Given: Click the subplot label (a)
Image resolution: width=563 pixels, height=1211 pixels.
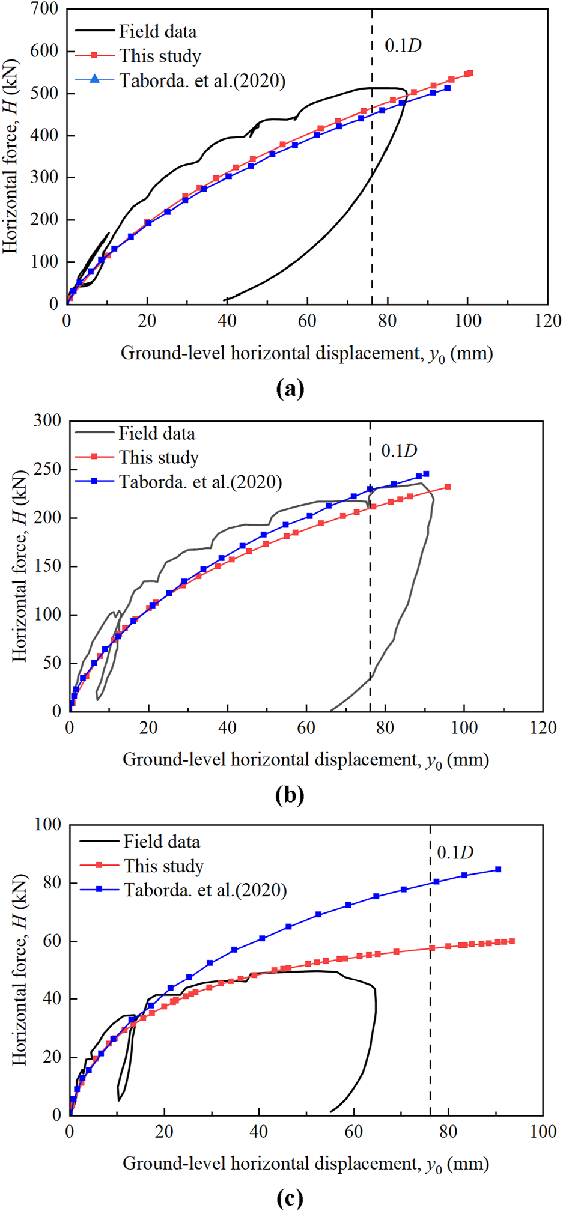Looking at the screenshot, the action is pos(290,389).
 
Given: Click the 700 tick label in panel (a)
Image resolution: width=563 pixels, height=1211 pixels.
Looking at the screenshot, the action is pos(46,10).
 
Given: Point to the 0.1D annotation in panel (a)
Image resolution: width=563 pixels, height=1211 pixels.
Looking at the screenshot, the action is pos(403,45).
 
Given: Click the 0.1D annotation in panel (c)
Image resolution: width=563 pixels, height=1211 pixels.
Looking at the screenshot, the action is pos(455,852).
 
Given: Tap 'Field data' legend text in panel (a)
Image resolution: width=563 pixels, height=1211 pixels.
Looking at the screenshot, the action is pos(157,31).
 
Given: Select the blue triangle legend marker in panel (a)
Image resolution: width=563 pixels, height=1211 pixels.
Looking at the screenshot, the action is pos(94,79).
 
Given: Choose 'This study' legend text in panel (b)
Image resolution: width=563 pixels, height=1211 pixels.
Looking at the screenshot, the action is pos(159,457).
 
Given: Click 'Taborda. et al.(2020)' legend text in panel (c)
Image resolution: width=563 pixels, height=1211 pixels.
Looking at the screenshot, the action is pos(205,890).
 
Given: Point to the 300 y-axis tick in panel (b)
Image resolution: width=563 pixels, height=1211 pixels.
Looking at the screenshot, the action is pos(48,421).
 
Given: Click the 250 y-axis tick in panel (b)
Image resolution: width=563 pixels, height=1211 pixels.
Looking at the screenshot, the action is pos(48,470).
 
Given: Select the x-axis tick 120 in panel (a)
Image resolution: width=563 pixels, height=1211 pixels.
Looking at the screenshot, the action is pos(547,320).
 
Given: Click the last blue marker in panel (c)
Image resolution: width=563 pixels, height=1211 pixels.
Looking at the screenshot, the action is pos(498,869).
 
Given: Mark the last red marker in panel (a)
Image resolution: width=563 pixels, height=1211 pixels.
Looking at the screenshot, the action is pos(470,73).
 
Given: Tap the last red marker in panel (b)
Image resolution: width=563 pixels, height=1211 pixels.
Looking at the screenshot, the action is pos(448,487).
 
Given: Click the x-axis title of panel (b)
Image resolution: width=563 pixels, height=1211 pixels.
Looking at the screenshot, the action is pos(306,760).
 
